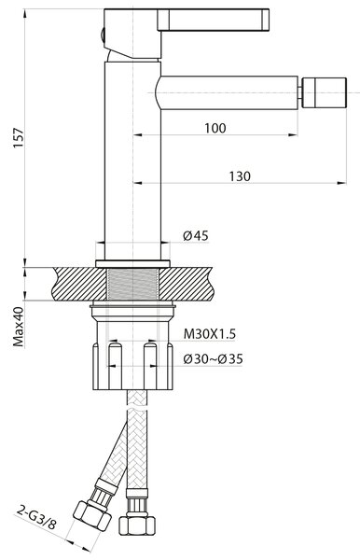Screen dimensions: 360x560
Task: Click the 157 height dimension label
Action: (x=18, y=138)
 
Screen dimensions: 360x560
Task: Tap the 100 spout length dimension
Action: (x=215, y=128)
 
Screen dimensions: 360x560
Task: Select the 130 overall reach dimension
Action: (x=240, y=176)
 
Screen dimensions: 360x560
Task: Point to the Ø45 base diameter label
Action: (x=196, y=236)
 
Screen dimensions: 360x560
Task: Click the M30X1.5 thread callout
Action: (x=210, y=334)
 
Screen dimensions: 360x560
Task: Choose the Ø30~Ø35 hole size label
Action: (x=213, y=358)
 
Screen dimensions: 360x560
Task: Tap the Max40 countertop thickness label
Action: (x=19, y=327)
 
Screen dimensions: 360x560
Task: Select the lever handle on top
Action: (x=213, y=20)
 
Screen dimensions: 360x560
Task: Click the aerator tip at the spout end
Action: (x=324, y=92)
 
